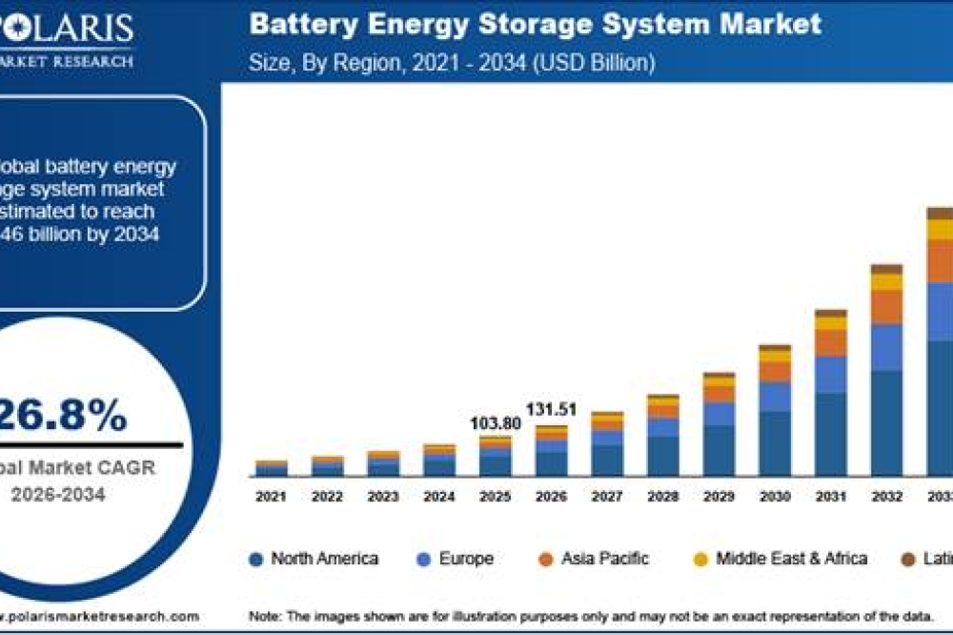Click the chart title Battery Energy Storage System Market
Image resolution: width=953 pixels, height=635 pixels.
(x=535, y=25)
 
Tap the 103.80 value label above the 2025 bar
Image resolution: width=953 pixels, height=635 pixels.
(x=497, y=422)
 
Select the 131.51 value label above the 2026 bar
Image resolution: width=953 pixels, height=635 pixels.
(x=552, y=410)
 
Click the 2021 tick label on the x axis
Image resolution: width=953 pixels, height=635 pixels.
(x=271, y=497)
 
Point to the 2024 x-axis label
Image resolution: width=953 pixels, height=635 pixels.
(x=439, y=497)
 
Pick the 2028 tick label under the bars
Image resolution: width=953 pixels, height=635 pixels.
(x=662, y=497)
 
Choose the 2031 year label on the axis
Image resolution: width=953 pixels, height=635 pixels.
(x=830, y=497)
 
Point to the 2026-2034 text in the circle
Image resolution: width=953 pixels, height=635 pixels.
(x=58, y=494)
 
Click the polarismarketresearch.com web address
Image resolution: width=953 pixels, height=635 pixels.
(x=100, y=617)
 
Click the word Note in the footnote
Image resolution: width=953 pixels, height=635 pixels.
(x=265, y=617)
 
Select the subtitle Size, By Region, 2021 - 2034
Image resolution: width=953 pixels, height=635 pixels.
(x=452, y=63)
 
